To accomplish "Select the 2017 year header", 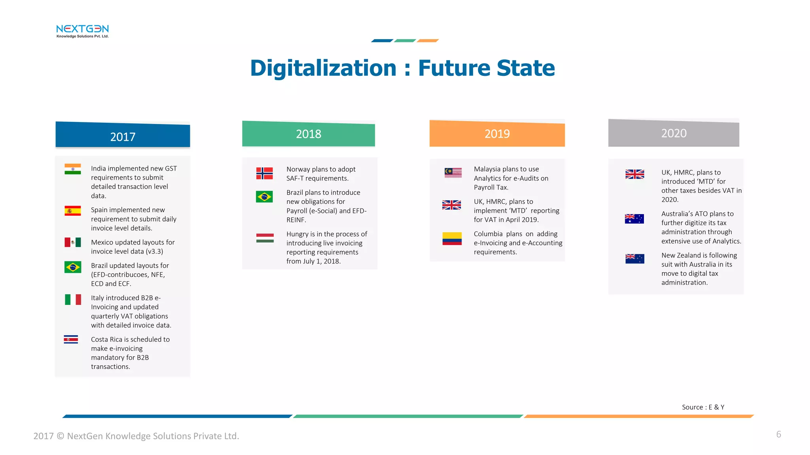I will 123,136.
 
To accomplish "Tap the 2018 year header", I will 308,134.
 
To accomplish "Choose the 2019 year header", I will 497,134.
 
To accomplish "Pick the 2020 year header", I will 674,133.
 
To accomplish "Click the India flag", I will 73,169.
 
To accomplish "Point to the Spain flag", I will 73,211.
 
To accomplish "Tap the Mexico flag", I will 73,242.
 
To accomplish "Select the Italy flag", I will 73,299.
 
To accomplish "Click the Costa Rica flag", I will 71,339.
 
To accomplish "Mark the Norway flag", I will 264,173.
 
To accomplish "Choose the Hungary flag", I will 265,238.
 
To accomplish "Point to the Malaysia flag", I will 453,173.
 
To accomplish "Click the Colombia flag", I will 452,239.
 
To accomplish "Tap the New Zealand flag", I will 635,259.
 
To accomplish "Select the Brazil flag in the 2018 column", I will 264,196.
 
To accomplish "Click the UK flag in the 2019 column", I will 452,205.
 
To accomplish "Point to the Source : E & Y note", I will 703,407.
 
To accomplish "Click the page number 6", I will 778,434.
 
